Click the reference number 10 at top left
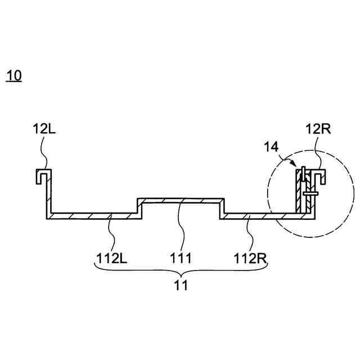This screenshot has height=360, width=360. [14, 76]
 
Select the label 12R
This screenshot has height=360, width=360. [318, 129]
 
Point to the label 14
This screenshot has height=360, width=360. [271, 147]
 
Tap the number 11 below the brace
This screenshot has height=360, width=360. [181, 285]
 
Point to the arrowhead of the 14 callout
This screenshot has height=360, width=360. [298, 166]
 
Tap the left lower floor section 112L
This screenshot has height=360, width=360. [93, 215]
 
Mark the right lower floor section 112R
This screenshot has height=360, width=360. [259, 215]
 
